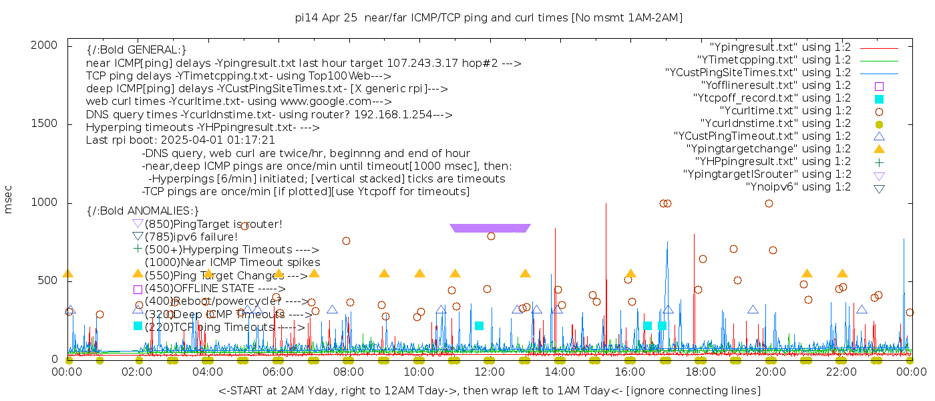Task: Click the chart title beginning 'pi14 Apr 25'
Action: (488, 18)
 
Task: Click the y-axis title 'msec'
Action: (9, 199)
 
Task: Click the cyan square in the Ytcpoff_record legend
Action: (879, 99)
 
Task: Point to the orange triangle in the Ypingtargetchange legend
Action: (879, 149)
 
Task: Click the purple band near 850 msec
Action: (490, 229)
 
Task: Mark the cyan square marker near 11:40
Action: (479, 326)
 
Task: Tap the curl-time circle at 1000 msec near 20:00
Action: (769, 204)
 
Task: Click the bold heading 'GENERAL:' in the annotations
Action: (136, 50)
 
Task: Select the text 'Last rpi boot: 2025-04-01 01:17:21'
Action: (180, 140)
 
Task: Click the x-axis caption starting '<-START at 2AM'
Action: (489, 390)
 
